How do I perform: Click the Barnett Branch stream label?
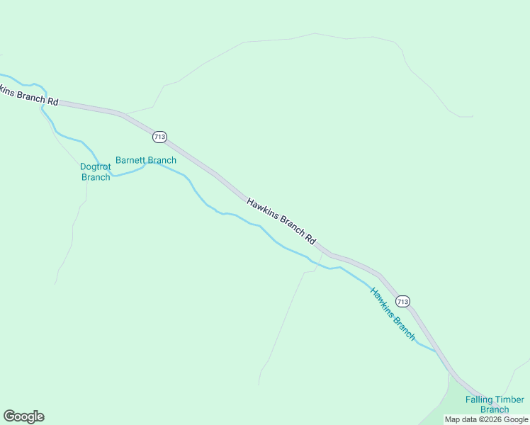(x=146, y=160)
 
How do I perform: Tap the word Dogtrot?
(x=96, y=167)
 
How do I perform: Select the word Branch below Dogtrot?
(x=96, y=177)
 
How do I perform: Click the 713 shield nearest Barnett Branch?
(x=159, y=136)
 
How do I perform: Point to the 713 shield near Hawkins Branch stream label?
(x=402, y=301)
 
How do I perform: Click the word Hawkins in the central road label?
(x=263, y=210)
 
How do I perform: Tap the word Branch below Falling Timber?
(x=495, y=409)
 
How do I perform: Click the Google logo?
(x=23, y=416)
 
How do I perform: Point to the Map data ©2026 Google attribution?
(x=486, y=419)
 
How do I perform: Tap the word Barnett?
(x=130, y=160)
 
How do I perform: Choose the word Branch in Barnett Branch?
(x=162, y=160)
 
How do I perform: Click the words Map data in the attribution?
(x=460, y=419)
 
